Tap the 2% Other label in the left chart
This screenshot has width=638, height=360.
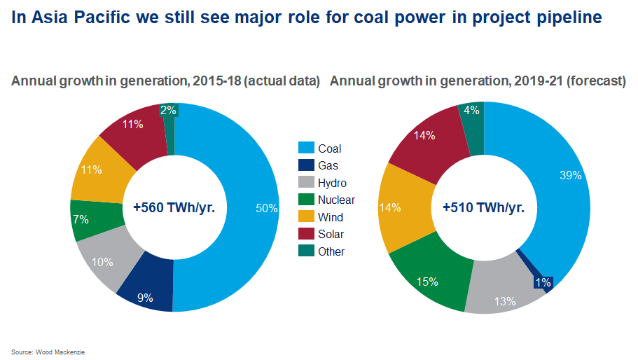point(168,110)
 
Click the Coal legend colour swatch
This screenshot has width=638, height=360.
point(305,148)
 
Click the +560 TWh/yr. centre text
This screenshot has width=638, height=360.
point(174,208)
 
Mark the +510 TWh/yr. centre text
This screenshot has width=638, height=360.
point(483,208)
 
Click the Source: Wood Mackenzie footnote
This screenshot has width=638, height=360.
point(43,351)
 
